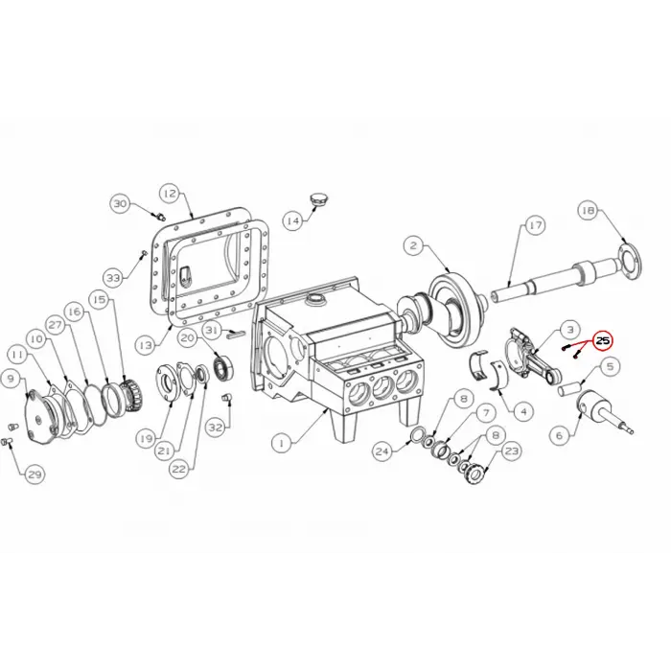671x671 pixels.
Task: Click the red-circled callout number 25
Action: (603, 340)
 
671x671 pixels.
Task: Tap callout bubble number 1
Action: (281, 443)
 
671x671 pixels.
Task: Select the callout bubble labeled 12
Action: (169, 194)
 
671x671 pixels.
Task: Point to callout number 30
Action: (120, 204)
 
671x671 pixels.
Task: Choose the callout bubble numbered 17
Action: (534, 225)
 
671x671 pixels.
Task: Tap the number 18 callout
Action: (588, 210)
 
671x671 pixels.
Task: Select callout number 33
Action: (114, 277)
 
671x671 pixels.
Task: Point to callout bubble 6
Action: (559, 434)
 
